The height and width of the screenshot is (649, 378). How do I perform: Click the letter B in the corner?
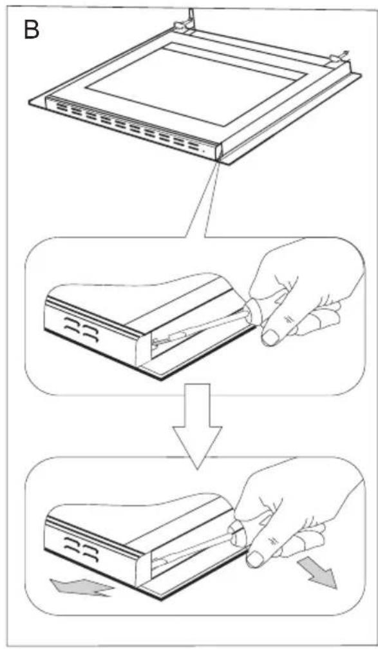point(32,29)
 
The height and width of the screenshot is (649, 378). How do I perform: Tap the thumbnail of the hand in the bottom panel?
point(255,558)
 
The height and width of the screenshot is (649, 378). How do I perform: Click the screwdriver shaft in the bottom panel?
point(194,548)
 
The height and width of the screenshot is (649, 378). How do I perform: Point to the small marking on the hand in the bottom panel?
point(273,541)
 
